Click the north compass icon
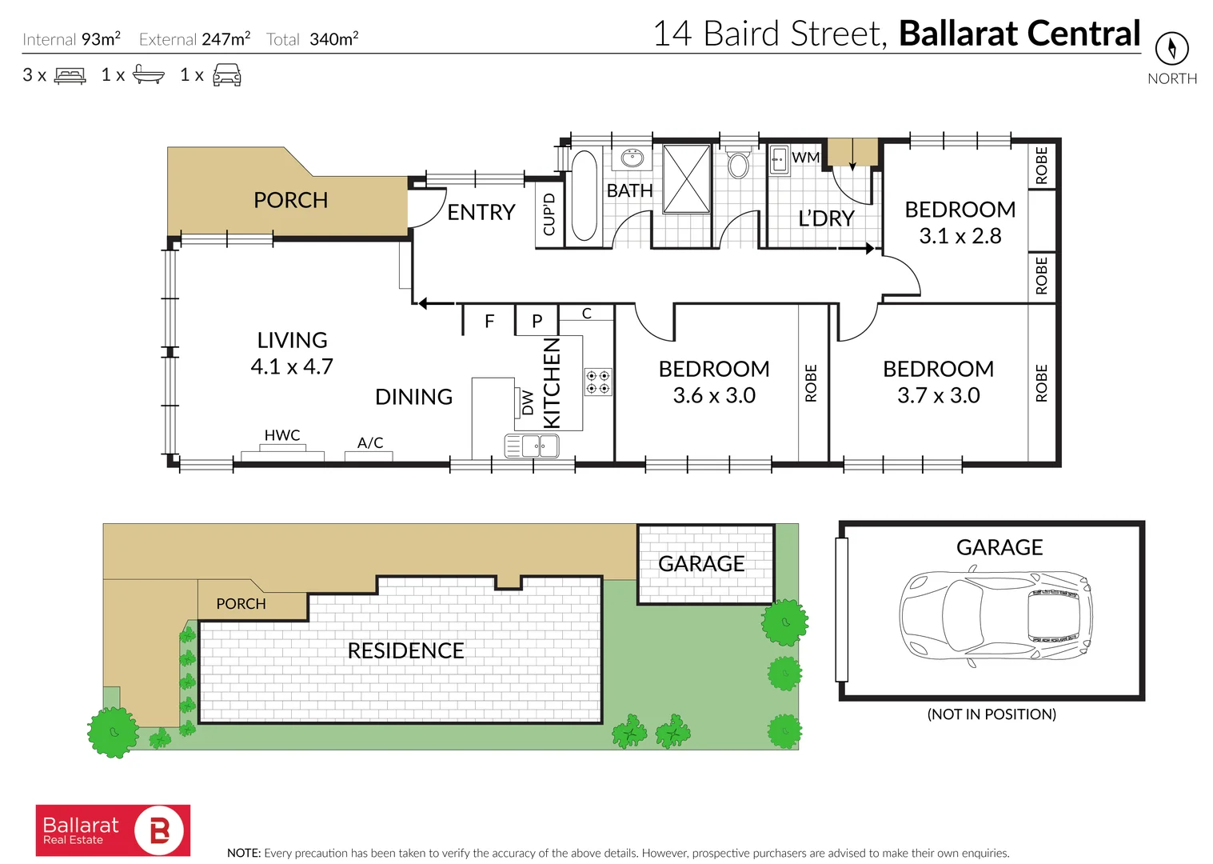coord(1171,49)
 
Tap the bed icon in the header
coord(70,76)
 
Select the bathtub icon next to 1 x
coord(148,75)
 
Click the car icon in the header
coord(227,75)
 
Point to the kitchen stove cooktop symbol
coord(598,382)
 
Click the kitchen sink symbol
coord(532,446)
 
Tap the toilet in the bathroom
coord(738,163)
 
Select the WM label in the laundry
coord(805,158)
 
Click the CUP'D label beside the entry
coord(549,214)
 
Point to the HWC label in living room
coord(282,435)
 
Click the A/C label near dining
coord(370,442)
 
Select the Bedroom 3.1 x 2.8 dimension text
coord(960,236)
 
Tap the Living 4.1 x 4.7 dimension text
coord(292,366)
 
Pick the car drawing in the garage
coord(996,614)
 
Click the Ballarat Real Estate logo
coord(113,830)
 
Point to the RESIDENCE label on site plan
coord(405,650)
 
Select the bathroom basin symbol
coord(632,157)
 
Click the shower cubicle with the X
coord(686,178)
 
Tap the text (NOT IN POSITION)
coord(992,714)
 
